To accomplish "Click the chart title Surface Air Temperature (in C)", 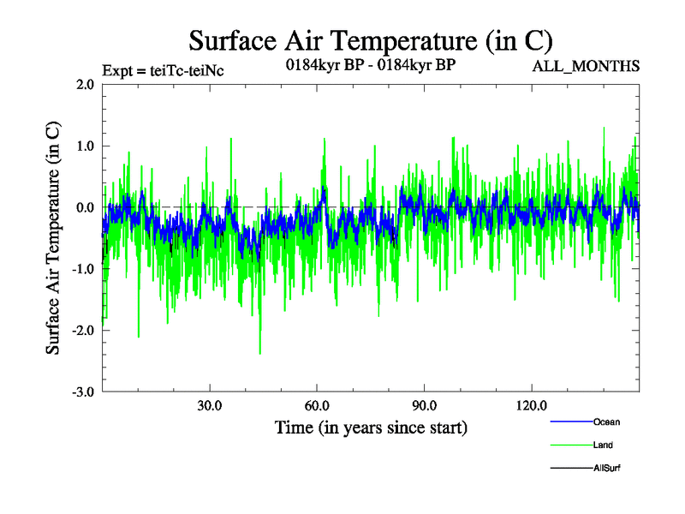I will click(x=371, y=40).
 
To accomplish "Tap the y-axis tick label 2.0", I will click(x=85, y=84).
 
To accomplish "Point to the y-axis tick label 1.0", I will click(x=85, y=146).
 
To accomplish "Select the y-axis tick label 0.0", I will click(x=85, y=207).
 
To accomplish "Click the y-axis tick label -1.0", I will click(x=82, y=269).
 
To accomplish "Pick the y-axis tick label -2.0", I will click(x=82, y=331).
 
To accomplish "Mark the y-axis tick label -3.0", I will click(x=82, y=392).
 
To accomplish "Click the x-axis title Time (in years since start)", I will click(x=371, y=427).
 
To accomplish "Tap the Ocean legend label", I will click(x=606, y=421).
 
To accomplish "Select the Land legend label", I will click(x=603, y=445).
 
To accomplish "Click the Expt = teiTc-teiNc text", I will click(x=163, y=71).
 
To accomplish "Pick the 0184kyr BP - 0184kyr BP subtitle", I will click(x=371, y=65).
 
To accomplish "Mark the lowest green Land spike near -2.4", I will click(x=259, y=352).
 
